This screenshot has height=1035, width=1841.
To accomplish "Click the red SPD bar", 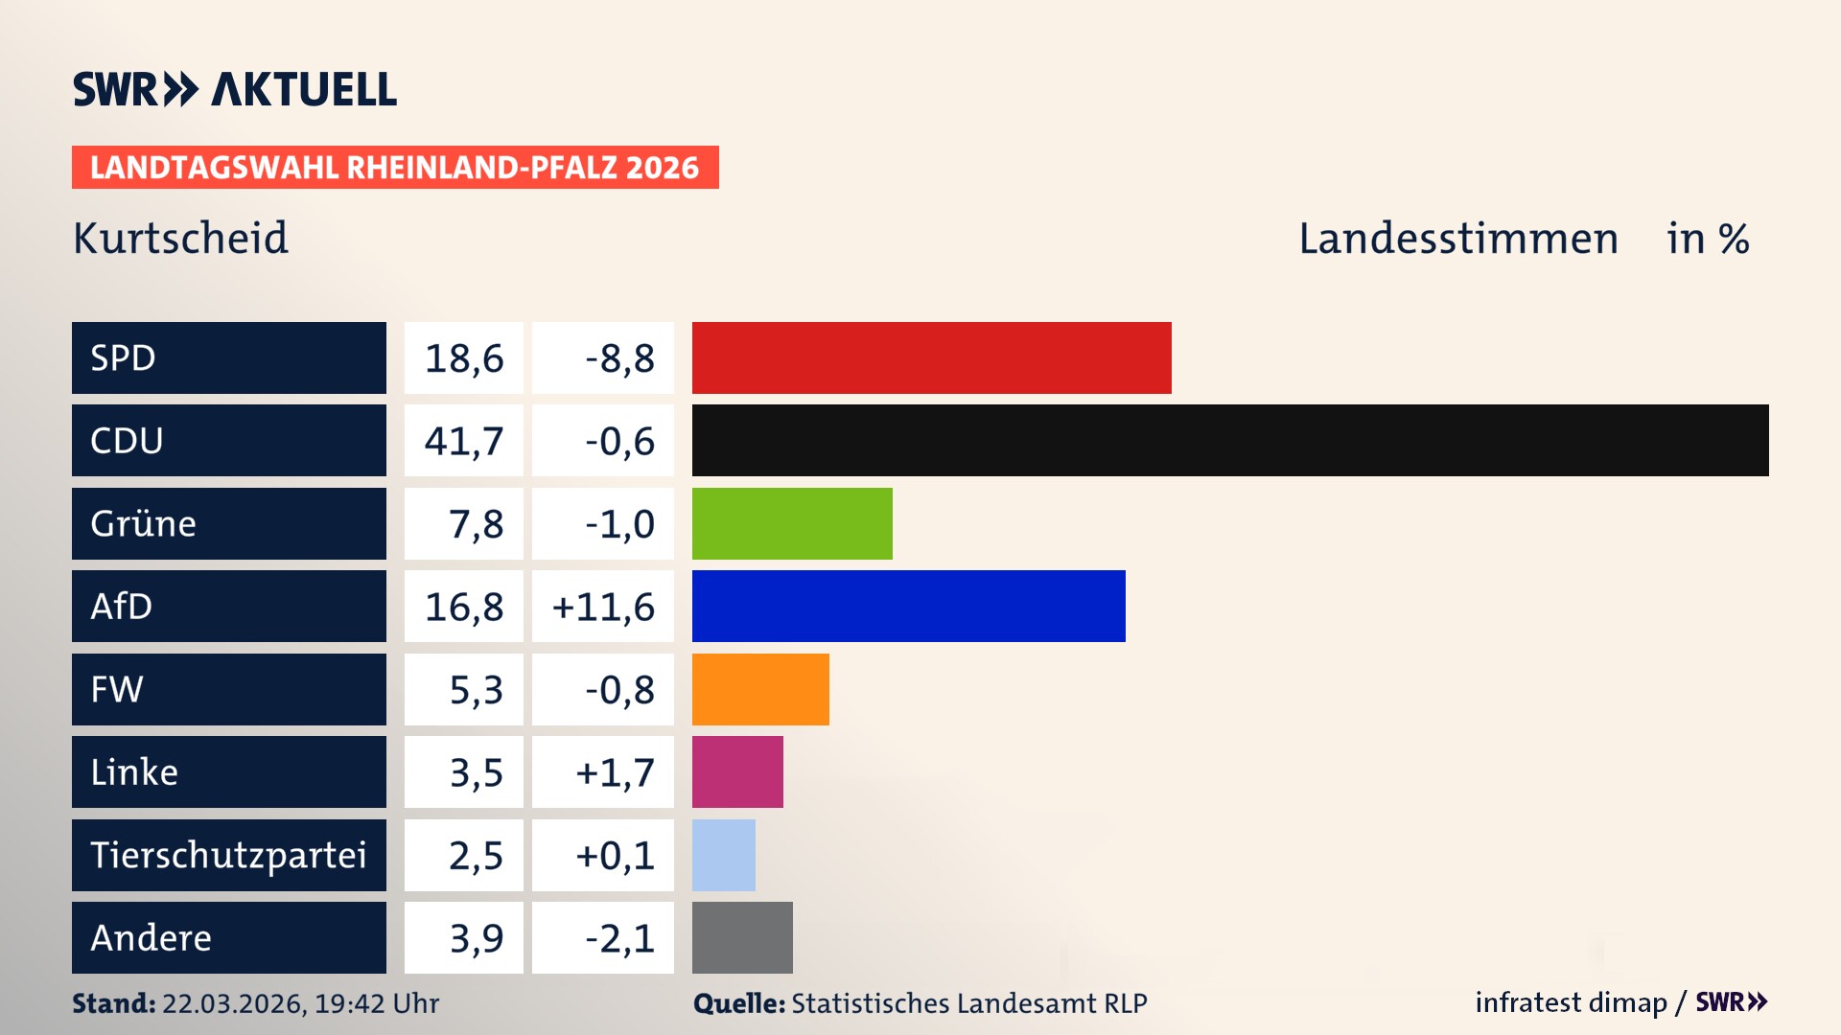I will click(931, 357).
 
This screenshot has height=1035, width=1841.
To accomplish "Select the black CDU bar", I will click(1229, 440).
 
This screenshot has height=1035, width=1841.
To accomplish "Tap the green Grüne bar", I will click(792, 523).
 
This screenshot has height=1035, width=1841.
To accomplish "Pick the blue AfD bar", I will click(908, 606).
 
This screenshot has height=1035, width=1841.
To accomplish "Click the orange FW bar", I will click(760, 689).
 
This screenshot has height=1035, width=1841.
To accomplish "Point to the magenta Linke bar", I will click(737, 771).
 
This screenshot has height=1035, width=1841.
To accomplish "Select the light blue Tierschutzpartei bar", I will click(723, 855).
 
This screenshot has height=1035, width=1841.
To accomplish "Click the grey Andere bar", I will click(742, 937).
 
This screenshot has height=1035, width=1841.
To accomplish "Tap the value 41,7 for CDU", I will click(464, 441).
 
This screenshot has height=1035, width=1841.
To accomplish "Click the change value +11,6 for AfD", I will click(603, 607).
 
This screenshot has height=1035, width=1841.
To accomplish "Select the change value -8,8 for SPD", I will click(619, 358).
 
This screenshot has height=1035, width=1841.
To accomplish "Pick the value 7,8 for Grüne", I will click(476, 524).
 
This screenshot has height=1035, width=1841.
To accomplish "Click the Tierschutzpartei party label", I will click(228, 855).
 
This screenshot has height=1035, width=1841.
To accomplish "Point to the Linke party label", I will click(134, 771).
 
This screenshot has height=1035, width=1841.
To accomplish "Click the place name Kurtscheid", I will click(180, 238).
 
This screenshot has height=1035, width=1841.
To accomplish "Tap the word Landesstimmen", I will click(1457, 238).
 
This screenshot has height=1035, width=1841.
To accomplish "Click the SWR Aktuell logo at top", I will click(234, 89).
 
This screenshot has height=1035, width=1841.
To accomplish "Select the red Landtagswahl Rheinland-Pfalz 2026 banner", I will click(395, 167).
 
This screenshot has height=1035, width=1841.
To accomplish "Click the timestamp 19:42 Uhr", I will click(376, 1003).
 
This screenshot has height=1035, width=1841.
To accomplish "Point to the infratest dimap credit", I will click(1570, 1002).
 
